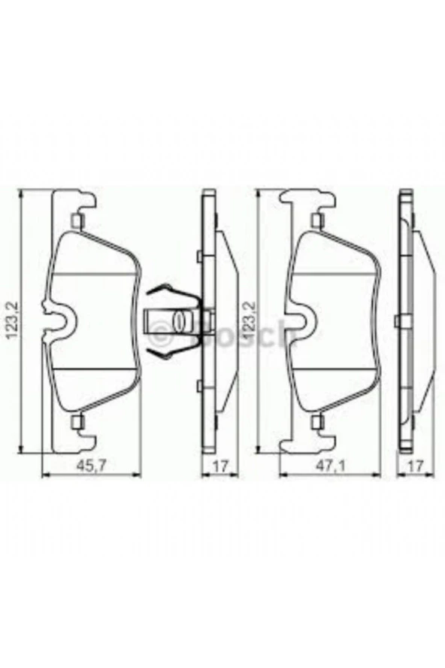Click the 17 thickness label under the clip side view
pyautogui.click(x=219, y=466)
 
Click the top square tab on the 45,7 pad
pyautogui.click(x=75, y=220)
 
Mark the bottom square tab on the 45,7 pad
pyautogui.click(x=75, y=422)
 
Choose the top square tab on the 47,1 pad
pyautogui.click(x=316, y=220)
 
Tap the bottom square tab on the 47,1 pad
pyautogui.click(x=316, y=422)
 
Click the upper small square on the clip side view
pyautogui.click(x=198, y=257)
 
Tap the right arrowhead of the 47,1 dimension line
pyautogui.click(x=372, y=475)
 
